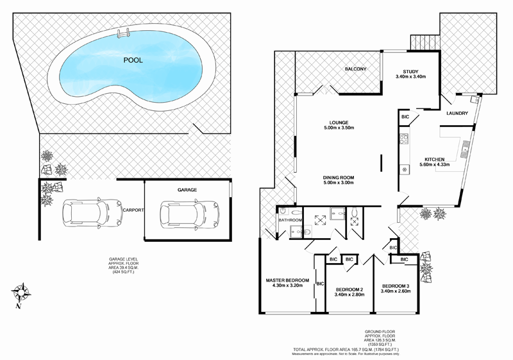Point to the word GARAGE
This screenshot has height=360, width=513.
tap(187, 190)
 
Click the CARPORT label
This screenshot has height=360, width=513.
tap(133, 210)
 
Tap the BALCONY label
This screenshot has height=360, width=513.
tap(355, 69)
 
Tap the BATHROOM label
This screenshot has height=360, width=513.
tap(289, 221)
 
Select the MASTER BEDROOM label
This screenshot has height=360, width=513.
tap(288, 280)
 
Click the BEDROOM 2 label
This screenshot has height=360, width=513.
tap(349, 289)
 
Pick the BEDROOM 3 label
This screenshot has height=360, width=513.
tap(395, 286)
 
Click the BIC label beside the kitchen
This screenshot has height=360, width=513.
tap(405, 117)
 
